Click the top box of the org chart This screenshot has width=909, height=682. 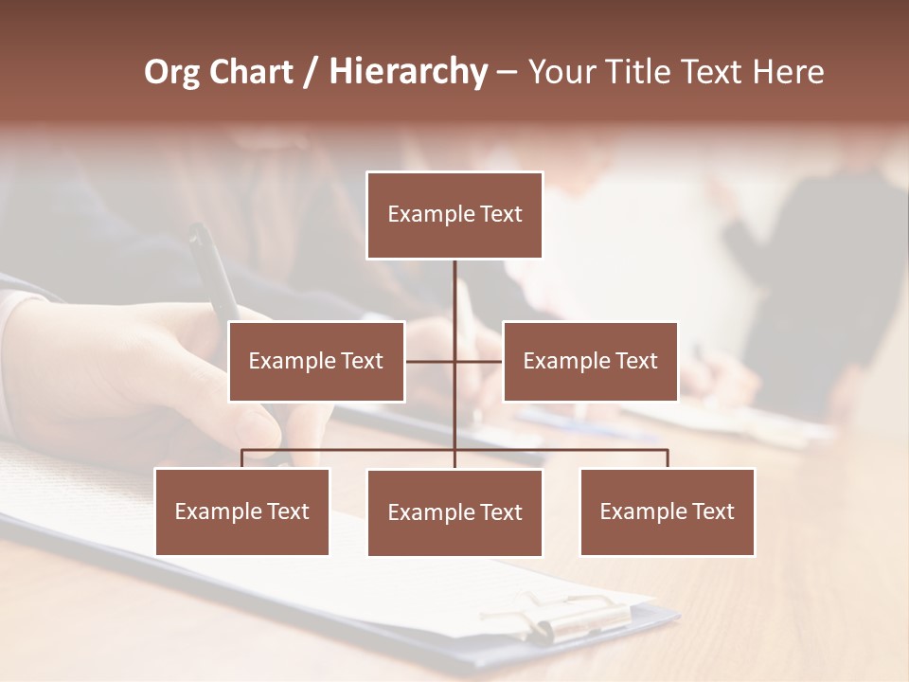[x=454, y=215]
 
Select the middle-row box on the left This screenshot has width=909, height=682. [x=316, y=362]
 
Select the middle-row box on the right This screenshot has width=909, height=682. [x=590, y=362]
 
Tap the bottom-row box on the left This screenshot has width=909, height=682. [x=241, y=512]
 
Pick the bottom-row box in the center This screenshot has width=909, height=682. [x=454, y=513]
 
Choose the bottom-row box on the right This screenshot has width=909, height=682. [x=667, y=512]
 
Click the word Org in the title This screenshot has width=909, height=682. [x=171, y=73]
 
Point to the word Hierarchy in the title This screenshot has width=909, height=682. [x=407, y=73]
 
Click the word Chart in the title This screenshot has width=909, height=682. [x=250, y=73]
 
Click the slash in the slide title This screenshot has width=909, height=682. [x=310, y=73]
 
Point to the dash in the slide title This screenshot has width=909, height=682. [x=507, y=73]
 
